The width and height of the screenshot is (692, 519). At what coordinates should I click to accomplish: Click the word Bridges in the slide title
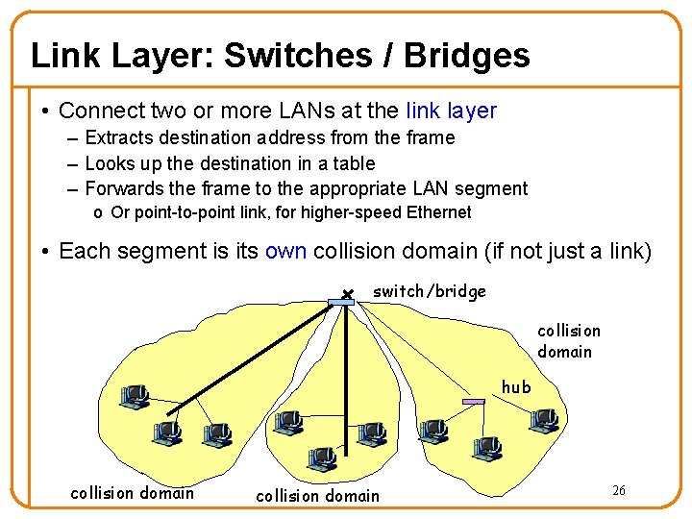[466, 56]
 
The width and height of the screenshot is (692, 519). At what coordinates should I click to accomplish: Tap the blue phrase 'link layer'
[451, 111]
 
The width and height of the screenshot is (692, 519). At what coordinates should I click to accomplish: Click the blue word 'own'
[285, 252]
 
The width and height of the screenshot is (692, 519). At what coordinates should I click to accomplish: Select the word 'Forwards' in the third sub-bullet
[128, 188]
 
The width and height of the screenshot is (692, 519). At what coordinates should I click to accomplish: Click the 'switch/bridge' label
[429, 291]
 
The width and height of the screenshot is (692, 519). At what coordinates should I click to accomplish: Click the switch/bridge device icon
[341, 302]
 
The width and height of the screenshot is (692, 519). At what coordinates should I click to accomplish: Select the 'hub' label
[516, 387]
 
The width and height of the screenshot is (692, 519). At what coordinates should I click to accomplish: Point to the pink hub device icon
[473, 401]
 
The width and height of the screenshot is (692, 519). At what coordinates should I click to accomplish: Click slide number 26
[619, 491]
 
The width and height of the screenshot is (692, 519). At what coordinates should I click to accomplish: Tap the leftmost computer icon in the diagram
[132, 396]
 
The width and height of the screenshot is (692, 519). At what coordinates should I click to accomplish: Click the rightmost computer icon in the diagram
[544, 419]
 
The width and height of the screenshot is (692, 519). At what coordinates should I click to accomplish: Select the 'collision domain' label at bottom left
[132, 493]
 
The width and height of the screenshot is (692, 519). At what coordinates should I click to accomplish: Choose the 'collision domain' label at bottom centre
[317, 496]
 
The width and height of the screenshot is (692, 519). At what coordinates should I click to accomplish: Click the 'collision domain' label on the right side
[568, 341]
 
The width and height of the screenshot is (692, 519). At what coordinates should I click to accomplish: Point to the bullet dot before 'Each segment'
[46, 252]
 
